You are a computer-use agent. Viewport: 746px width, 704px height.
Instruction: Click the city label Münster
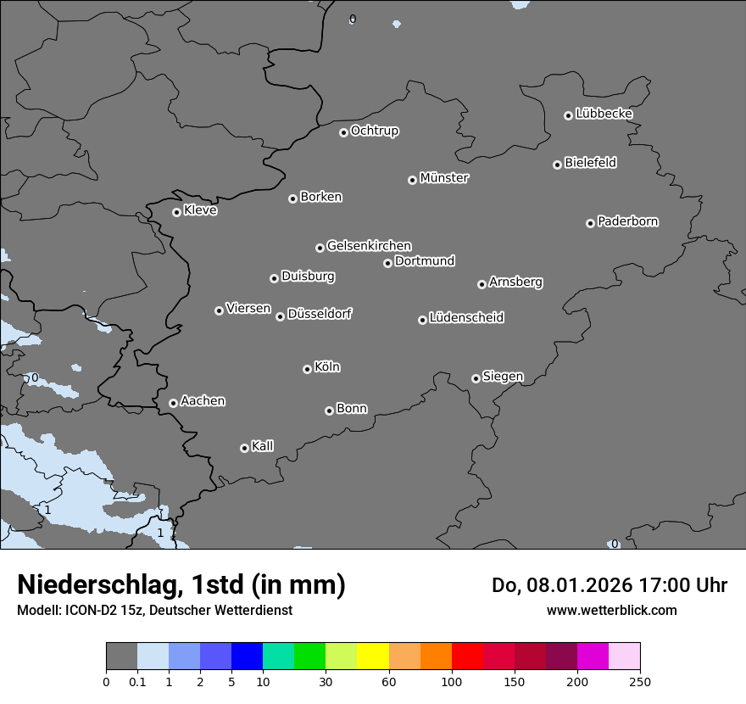click(x=443, y=178)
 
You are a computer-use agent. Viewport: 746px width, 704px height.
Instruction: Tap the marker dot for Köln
click(x=307, y=369)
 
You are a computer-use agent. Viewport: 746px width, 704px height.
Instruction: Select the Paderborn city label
click(x=627, y=221)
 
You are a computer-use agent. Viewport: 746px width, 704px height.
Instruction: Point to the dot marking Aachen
click(x=173, y=403)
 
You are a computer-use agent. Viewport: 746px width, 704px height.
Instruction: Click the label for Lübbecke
click(x=604, y=114)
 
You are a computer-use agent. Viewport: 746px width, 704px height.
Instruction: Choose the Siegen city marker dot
click(x=476, y=378)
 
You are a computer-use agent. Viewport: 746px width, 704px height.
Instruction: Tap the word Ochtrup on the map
click(x=374, y=131)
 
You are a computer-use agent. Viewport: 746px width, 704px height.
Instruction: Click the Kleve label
click(x=200, y=210)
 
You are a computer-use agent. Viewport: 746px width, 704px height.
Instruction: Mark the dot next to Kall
click(x=244, y=448)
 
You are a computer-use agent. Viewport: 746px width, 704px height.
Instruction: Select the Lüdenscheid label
click(x=466, y=318)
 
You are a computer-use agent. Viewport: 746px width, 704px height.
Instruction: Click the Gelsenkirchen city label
click(x=369, y=246)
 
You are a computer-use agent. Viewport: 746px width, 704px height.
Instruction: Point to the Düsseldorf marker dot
click(x=280, y=316)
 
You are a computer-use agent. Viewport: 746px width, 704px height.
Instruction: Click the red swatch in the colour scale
click(x=467, y=657)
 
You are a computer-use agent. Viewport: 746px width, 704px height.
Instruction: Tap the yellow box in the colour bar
click(x=372, y=657)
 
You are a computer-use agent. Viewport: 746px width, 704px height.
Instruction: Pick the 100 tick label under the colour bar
click(x=452, y=681)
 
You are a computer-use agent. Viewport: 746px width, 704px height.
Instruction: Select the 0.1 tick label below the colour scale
click(x=137, y=681)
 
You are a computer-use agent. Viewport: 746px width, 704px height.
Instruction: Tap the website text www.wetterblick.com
click(x=611, y=610)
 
